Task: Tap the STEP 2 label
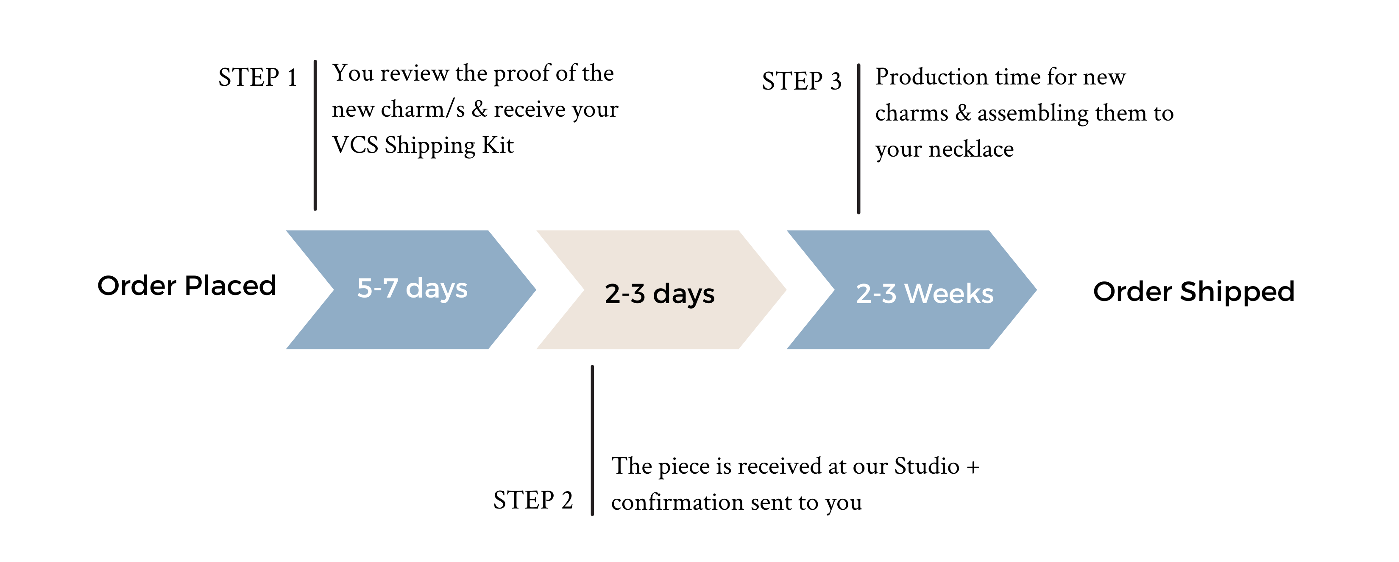pyautogui.click(x=533, y=500)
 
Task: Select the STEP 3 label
pyautogui.click(x=802, y=81)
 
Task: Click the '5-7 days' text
pyautogui.click(x=412, y=288)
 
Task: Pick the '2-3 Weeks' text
pyautogui.click(x=925, y=293)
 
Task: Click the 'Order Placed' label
pyautogui.click(x=187, y=285)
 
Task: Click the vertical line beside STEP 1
pyautogui.click(x=315, y=135)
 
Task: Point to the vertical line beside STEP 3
pyautogui.click(x=858, y=139)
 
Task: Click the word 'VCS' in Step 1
pyautogui.click(x=355, y=145)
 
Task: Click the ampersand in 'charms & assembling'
pyautogui.click(x=963, y=113)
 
